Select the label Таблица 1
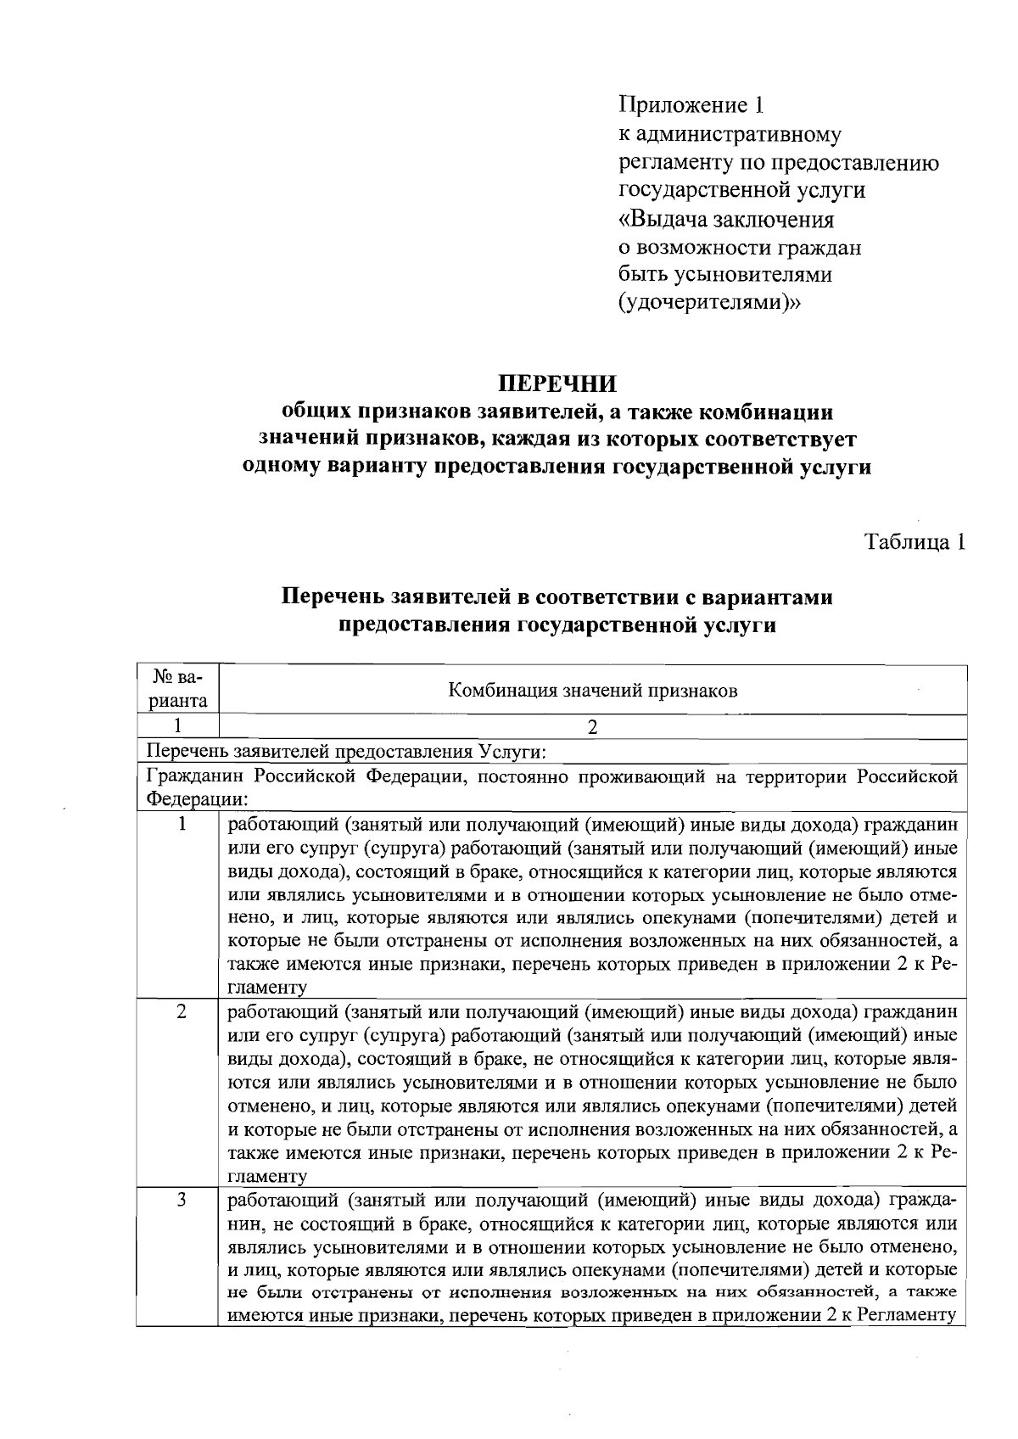[915, 542]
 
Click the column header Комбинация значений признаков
[592, 690]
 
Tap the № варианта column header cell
[178, 689]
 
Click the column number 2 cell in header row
[592, 727]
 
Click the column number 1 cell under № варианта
[178, 726]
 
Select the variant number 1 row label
[181, 824]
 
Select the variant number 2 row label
[181, 1011]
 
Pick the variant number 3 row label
[181, 1199]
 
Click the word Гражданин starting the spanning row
[194, 776]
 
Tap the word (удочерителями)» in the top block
[708, 302]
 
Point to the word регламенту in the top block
[676, 162]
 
